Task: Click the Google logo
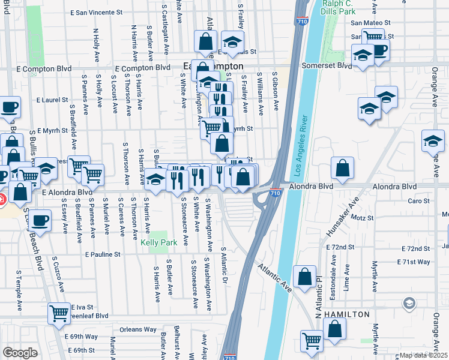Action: (19, 353)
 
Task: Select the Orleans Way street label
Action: (137, 329)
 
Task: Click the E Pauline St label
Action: (103, 254)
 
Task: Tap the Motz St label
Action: (362, 217)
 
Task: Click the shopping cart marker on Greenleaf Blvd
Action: (59, 312)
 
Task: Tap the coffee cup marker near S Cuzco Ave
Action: (40, 220)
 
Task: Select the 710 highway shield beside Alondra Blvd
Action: (275, 193)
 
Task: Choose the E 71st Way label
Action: (414, 262)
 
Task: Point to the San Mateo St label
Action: (370, 22)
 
